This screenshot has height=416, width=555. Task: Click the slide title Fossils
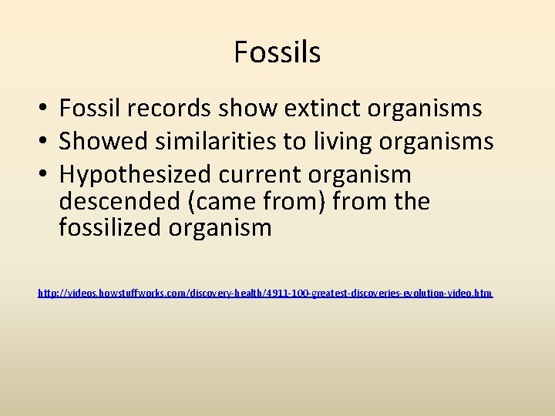(x=277, y=52)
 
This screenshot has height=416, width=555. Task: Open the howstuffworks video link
(x=265, y=294)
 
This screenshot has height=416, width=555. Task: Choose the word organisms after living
(x=436, y=142)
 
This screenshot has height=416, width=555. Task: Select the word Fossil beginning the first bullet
(x=87, y=109)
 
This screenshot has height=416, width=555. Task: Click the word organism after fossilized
(x=223, y=228)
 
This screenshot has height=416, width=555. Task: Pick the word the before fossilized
(x=409, y=201)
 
